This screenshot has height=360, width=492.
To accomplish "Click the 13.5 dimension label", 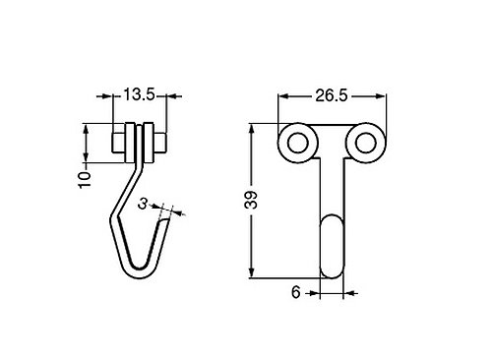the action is coord(139,95).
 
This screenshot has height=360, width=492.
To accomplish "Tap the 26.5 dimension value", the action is coord(331,95).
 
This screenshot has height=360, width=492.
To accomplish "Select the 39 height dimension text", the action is coord(252,200).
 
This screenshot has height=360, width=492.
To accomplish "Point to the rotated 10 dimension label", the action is coord(85,179).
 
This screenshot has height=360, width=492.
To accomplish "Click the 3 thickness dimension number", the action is coord(143,204).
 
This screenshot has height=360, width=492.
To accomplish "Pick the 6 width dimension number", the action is coord(295,292).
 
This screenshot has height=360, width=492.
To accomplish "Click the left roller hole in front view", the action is coord(297,143).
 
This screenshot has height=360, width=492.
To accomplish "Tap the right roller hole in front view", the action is coord(365,143).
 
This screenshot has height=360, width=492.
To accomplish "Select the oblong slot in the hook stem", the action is coord(332,246).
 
